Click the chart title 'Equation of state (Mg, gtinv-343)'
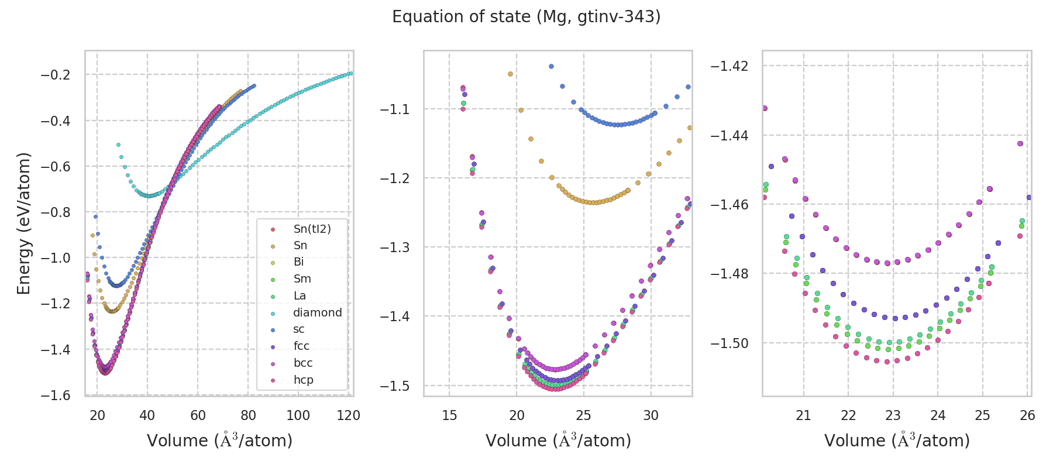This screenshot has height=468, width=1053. (526, 17)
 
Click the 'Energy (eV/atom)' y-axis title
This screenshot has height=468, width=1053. (23, 223)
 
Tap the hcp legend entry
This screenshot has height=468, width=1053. (303, 380)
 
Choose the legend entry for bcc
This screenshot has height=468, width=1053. (303, 363)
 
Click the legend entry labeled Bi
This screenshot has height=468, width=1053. (298, 262)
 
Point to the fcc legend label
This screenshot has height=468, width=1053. (301, 346)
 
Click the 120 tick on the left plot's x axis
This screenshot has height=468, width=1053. (349, 415)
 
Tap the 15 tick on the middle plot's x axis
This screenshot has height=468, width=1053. (449, 415)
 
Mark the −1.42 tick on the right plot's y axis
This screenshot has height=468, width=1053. (729, 66)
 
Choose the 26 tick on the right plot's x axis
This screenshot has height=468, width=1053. (1027, 415)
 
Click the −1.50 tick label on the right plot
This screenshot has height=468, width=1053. (729, 343)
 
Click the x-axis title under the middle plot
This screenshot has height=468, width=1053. (558, 441)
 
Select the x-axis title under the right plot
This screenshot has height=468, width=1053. (897, 441)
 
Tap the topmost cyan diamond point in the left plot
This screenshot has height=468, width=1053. (118, 144)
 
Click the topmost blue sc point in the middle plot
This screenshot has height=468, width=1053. (551, 67)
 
